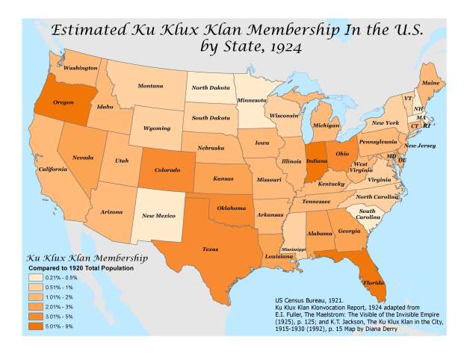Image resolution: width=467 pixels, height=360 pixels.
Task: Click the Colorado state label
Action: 167,170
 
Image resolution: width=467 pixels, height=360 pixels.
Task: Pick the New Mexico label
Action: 158,216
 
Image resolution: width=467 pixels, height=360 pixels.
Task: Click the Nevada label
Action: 82,158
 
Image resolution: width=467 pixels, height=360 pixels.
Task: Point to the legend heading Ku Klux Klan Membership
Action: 88,258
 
